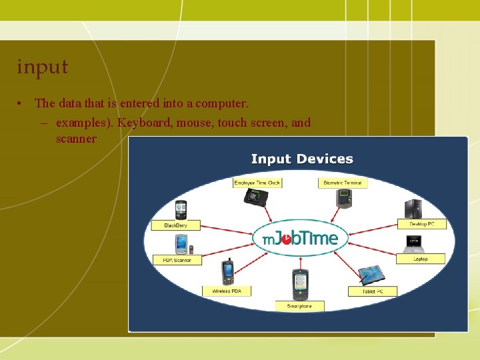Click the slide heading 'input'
pos(43,67)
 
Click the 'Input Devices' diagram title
pos(302,159)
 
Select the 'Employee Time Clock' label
pos(257,183)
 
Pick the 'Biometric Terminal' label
pos(343,183)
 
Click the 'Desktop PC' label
pos(422,224)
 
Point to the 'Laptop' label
pos(421,259)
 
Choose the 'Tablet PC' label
pos(372,291)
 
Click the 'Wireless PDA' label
pos(227,291)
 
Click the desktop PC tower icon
pos(413,208)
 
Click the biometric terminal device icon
pos(343,198)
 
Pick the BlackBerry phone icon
pos(180,210)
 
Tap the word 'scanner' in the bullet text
pos(76,139)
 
